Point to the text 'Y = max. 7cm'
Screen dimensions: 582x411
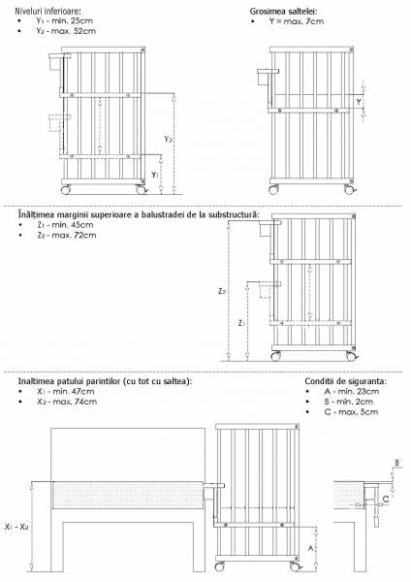[x=295, y=21]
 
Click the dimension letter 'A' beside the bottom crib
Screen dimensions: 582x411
[x=309, y=547]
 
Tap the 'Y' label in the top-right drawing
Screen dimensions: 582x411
[x=360, y=100]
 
